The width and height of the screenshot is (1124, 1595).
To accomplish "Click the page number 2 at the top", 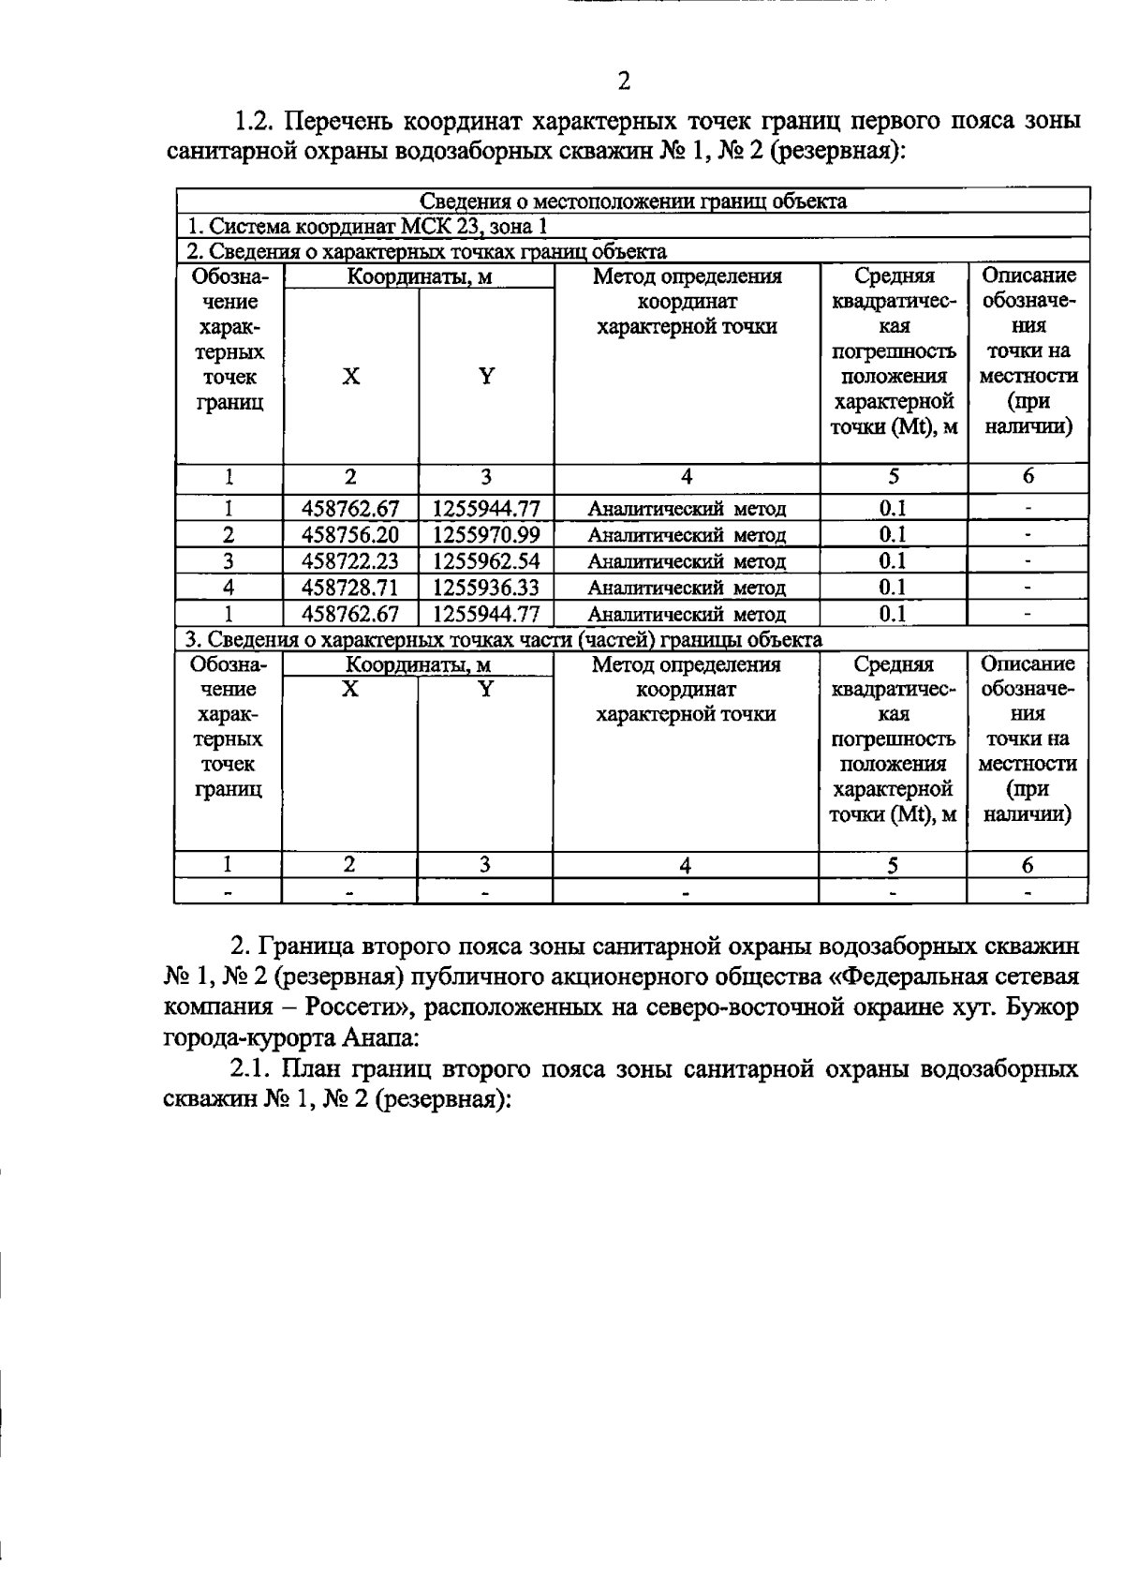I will point(624,81).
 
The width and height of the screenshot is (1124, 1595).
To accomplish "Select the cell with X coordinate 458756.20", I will point(350,535).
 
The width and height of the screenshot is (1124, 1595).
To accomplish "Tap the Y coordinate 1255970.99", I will point(486,535).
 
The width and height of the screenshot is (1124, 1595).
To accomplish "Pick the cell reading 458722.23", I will point(350,561).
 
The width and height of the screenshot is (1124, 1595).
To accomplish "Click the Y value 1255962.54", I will point(486,561).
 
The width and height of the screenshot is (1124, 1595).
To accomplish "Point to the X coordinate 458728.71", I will point(350,588).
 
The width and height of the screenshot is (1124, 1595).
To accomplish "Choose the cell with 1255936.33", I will point(486,588).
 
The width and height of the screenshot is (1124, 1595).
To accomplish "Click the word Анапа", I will point(379,1038).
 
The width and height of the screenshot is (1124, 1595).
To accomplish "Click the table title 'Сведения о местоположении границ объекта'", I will point(632,201).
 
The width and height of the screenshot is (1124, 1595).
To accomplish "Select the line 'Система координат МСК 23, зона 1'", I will point(367,226).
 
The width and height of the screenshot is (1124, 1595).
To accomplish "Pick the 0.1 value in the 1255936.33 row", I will point(893,588).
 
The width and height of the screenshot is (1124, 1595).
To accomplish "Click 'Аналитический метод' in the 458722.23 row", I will point(687,561).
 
